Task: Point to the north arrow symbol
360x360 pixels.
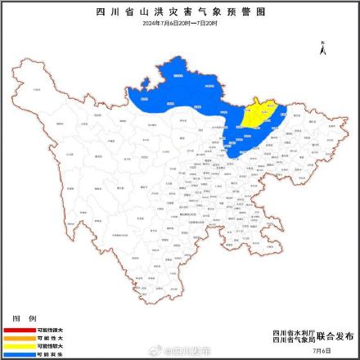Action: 324,47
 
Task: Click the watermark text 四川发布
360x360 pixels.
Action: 188,350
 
